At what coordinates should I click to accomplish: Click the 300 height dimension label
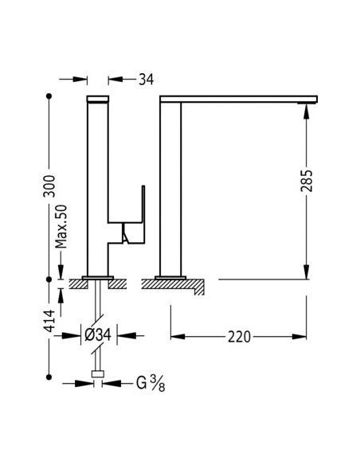click(x=49, y=186)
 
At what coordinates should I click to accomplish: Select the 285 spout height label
click(x=307, y=181)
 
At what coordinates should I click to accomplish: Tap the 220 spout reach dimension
click(x=239, y=337)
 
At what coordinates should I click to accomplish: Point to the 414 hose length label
click(x=49, y=321)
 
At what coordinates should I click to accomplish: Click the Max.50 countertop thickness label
click(x=61, y=226)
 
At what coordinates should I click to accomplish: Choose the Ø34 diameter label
click(x=98, y=335)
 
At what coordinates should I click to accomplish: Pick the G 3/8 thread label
click(x=151, y=383)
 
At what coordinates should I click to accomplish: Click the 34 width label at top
click(x=147, y=80)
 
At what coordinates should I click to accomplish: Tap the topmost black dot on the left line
click(x=49, y=96)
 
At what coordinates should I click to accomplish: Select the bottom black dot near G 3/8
click(x=49, y=377)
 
